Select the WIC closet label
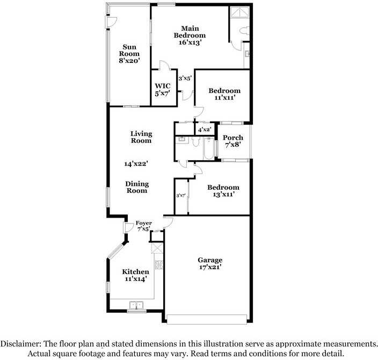coord(162,86)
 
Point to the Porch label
coord(233,138)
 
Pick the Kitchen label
coord(135,272)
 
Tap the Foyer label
coord(143,222)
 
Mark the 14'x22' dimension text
coord(136,163)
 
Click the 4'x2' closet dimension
coord(203,129)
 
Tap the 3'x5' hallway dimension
coord(185,78)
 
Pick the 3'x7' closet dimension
coord(181,196)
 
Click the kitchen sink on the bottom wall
coord(136,306)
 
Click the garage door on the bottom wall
coord(207,319)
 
